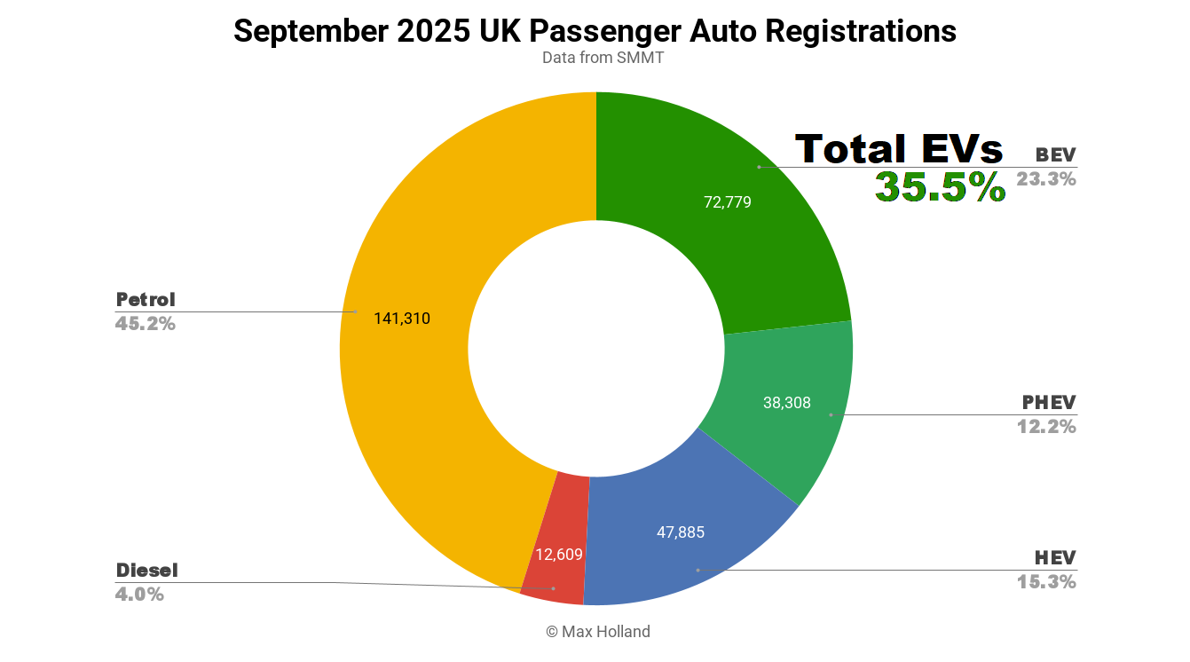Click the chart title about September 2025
click(x=595, y=31)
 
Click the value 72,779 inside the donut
click(x=727, y=202)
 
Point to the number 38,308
click(x=786, y=403)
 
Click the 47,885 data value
click(x=680, y=533)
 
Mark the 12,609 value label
click(x=558, y=556)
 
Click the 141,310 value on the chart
click(x=401, y=319)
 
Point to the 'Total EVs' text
click(x=898, y=149)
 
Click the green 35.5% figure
click(x=940, y=187)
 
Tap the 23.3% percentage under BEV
click(x=1046, y=179)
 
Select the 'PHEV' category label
click(x=1049, y=403)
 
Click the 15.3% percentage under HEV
click(x=1046, y=582)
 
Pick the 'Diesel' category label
click(x=147, y=571)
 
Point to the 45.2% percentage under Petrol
click(x=146, y=324)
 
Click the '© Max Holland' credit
click(x=597, y=632)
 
